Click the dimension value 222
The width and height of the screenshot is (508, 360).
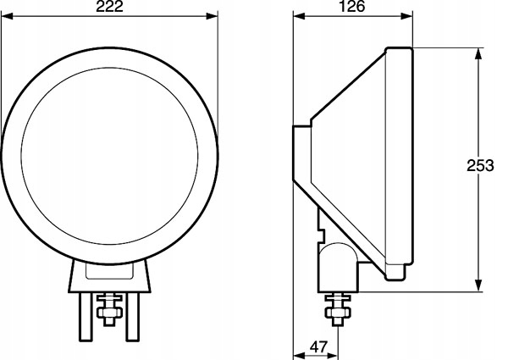[108, 8]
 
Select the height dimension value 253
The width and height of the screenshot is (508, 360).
[480, 167]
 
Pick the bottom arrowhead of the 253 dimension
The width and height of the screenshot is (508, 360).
[479, 286]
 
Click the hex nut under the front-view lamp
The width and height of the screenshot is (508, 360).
[108, 313]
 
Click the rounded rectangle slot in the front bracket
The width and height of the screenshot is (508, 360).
[109, 273]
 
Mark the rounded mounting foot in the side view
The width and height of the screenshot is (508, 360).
[338, 266]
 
